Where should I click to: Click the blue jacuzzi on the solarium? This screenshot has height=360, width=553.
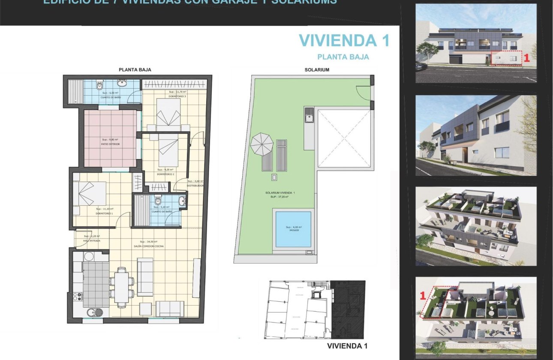pyautogui.click(x=293, y=229)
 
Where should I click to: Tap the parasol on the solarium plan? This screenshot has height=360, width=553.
pyautogui.click(x=261, y=144)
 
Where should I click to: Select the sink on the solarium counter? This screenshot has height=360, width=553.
pyautogui.click(x=309, y=114)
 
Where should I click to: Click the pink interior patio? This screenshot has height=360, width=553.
pyautogui.click(x=110, y=138)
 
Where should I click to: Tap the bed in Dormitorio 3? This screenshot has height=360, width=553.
pyautogui.click(x=168, y=112)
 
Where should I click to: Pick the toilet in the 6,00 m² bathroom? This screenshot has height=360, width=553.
pyautogui.click(x=100, y=87)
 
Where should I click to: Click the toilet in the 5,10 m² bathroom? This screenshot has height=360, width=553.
pyautogui.click(x=158, y=201)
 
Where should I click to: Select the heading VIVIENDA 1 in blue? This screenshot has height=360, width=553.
pyautogui.click(x=344, y=40)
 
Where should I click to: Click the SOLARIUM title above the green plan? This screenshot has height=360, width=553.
pyautogui.click(x=317, y=70)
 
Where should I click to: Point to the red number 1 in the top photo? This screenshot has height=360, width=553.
pyautogui.click(x=527, y=59)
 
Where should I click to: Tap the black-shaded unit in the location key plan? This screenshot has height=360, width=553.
pyautogui.click(x=349, y=309)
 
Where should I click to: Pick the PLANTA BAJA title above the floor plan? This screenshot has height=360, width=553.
pyautogui.click(x=135, y=69)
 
